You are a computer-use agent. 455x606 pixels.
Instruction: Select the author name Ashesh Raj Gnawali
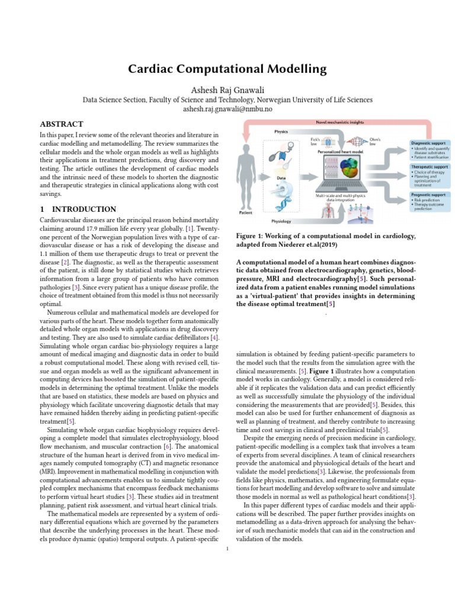point(227,89)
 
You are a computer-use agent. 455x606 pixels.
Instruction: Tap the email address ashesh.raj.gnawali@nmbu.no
point(227,109)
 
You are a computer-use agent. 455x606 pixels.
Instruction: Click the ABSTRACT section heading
point(61,124)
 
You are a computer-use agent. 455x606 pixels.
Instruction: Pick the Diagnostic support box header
point(430,143)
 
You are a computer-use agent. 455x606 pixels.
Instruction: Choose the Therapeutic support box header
point(430,167)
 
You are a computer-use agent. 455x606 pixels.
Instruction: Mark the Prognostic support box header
point(429,195)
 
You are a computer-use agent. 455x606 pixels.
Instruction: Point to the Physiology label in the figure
point(282,221)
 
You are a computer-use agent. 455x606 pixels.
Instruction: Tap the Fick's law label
point(315,141)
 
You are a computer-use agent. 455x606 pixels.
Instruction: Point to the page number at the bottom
point(227,549)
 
